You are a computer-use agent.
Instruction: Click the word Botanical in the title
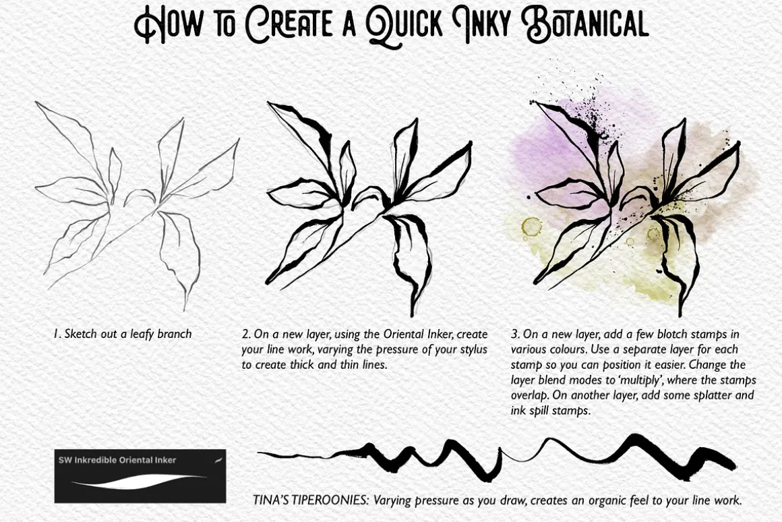coord(585,24)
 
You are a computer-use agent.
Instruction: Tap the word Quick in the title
coord(404,26)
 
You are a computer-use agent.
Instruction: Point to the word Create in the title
coord(290,24)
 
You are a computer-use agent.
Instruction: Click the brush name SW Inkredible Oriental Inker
coord(117,460)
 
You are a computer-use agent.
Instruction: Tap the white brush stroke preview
coord(139,482)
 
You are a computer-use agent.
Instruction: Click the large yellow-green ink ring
coord(532,227)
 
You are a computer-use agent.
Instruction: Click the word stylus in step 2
coord(471,349)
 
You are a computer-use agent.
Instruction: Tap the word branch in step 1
coord(175,334)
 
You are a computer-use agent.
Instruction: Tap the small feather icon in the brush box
coord(218,460)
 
